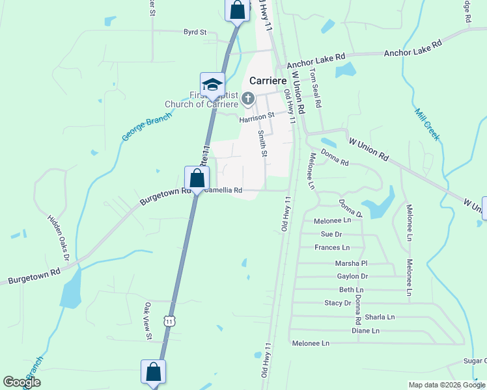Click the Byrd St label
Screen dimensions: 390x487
point(195,31)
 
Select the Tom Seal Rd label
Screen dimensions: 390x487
point(316,88)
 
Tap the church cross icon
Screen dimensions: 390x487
point(247,99)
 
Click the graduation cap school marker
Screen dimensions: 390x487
point(212,84)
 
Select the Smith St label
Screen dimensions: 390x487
point(263,144)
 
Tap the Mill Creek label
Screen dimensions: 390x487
point(427,124)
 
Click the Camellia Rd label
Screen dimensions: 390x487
point(223,190)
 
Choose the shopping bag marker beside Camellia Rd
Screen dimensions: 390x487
point(197,178)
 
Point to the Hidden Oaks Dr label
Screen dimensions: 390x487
point(59,237)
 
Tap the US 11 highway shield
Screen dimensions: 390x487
point(170,320)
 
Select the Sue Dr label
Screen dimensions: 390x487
point(331,234)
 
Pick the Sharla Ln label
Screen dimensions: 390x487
point(380,317)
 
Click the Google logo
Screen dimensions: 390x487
point(22,382)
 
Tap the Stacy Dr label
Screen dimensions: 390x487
point(337,303)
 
